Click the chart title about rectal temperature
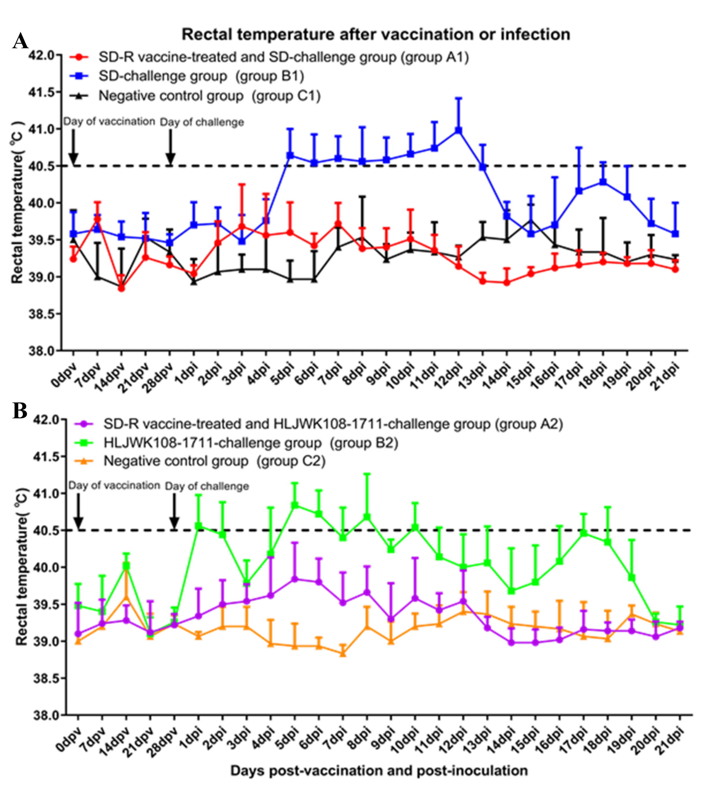[376, 35]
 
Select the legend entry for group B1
[201, 76]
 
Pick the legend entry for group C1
[209, 96]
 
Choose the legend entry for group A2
[333, 424]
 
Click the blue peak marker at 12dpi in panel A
[458, 130]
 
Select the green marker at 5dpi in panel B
[295, 505]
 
